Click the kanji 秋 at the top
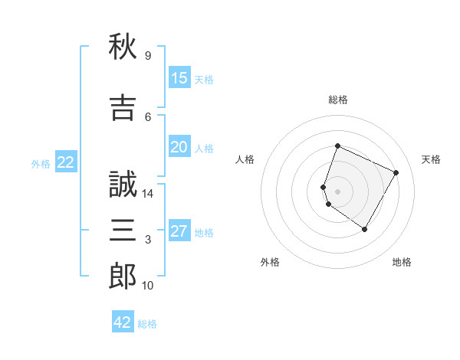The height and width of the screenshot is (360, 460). click(x=123, y=46)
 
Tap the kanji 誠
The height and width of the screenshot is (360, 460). click(x=123, y=184)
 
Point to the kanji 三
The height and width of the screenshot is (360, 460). click(x=123, y=230)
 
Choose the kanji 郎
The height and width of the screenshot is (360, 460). click(x=123, y=276)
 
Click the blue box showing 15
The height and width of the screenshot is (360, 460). click(x=179, y=77)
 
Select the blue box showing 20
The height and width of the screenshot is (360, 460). click(x=179, y=146)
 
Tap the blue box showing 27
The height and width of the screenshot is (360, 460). click(x=179, y=230)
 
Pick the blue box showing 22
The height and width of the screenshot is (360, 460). click(x=66, y=162)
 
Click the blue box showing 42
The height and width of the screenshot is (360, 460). click(x=123, y=321)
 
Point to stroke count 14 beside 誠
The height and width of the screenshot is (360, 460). click(x=147, y=194)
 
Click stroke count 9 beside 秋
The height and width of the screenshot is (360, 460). click(x=148, y=56)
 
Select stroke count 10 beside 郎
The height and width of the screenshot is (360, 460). click(x=147, y=286)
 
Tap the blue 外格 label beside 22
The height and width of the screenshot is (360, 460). click(x=41, y=164)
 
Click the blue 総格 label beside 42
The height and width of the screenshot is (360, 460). click(x=147, y=324)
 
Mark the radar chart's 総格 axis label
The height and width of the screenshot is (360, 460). click(x=338, y=100)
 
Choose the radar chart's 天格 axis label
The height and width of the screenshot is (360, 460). click(x=431, y=159)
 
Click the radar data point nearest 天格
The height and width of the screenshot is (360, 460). click(x=396, y=172)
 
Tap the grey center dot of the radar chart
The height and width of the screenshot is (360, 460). click(x=337, y=191)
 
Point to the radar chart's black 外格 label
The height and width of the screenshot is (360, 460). click(x=270, y=262)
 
